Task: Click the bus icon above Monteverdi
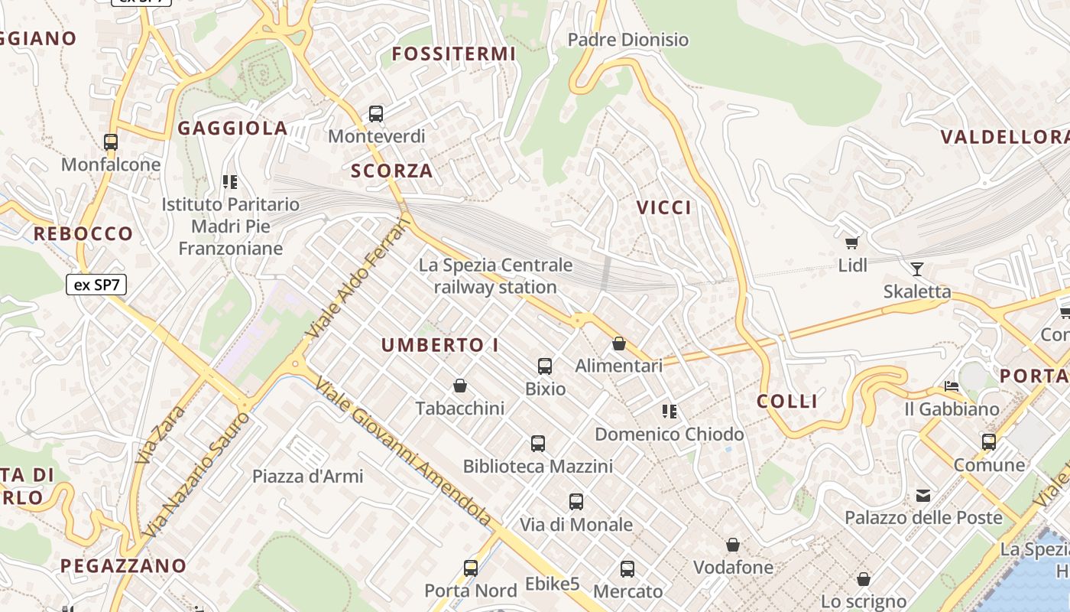pos(375,114)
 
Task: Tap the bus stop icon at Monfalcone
pos(111,142)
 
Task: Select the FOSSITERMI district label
pos(454,54)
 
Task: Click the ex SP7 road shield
pos(96,285)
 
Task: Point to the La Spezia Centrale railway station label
pos(495,276)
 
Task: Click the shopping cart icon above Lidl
pos(852,243)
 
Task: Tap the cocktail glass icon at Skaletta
pos(916,269)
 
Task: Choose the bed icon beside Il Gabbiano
pos(952,386)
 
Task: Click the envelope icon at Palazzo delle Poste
pos(923,496)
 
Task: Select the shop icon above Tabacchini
pos(460,385)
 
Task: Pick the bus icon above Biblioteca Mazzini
pos(538,443)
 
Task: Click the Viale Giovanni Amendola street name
pos(404,453)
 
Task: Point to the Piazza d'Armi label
pos(308,476)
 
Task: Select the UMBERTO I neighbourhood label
pos(439,345)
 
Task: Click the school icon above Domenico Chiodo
pos(670,412)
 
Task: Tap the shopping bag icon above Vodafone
pos(733,545)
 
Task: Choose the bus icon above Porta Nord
pos(471,568)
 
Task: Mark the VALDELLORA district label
pos(1004,137)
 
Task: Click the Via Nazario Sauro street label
pos(197,474)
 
